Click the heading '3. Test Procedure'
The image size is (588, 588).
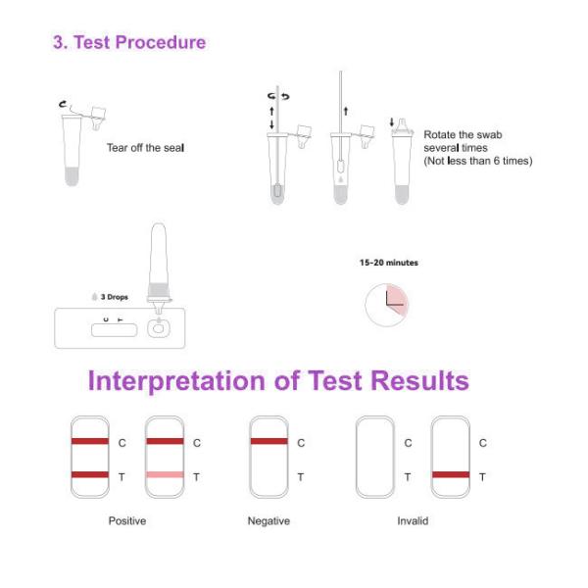point(129,42)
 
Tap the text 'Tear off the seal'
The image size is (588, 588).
point(145,148)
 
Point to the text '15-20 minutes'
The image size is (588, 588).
point(388,263)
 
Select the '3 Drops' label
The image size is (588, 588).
point(111,296)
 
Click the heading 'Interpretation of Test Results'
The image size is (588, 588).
point(278,380)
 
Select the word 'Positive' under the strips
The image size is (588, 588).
point(126,520)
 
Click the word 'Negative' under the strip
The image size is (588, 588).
point(269,520)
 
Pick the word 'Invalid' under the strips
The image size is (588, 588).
point(413,520)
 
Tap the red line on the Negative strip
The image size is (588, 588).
point(269,442)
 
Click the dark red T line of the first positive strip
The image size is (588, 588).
point(89,475)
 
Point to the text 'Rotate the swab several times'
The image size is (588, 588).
point(476,147)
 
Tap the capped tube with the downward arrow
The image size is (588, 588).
point(402,162)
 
